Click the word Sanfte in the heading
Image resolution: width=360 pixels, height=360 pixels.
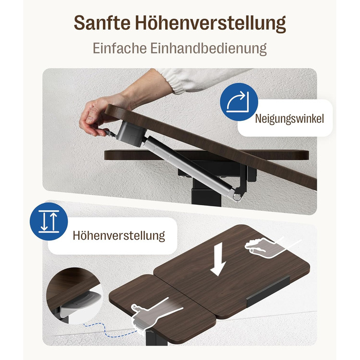[102, 23]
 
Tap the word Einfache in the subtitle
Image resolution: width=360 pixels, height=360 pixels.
[120, 48]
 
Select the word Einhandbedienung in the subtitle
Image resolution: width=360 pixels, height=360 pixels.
[208, 49]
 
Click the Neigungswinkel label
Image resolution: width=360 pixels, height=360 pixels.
[289, 119]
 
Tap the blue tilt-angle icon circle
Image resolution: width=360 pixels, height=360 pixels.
[239, 102]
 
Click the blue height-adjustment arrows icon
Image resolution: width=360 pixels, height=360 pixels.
[49, 221]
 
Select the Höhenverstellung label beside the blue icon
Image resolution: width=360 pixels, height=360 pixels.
[119, 236]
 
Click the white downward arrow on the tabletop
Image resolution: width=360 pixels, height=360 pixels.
[218, 259]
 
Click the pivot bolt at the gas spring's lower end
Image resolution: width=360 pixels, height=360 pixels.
[238, 196]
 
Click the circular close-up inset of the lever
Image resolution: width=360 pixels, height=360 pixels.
[74, 296]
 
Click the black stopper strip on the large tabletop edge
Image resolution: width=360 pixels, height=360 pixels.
[268, 291]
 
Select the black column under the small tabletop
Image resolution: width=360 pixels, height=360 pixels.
[153, 338]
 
